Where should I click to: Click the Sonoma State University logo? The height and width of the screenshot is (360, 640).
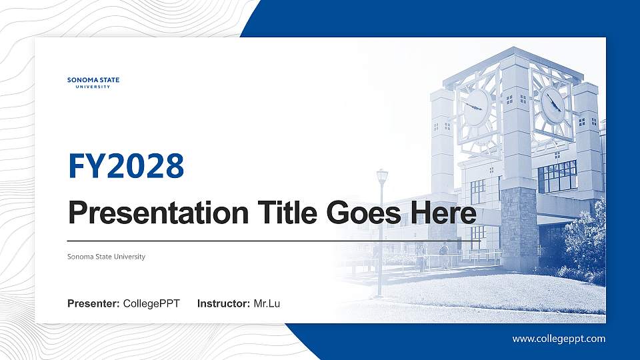[x=93, y=82]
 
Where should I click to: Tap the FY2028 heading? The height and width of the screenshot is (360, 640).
[x=126, y=166]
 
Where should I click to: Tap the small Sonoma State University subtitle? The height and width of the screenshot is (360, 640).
[x=106, y=257]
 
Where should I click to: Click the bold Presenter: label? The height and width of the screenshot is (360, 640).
[x=93, y=304]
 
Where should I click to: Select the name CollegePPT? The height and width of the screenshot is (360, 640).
[x=151, y=304]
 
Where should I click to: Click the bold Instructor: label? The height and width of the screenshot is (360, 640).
[x=224, y=304]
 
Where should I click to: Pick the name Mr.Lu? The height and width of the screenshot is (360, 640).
[x=267, y=304]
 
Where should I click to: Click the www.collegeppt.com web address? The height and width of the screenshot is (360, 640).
[x=559, y=339]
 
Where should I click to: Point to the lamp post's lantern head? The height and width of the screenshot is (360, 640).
[x=382, y=177]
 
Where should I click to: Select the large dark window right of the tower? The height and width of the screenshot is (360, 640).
[x=557, y=177]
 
